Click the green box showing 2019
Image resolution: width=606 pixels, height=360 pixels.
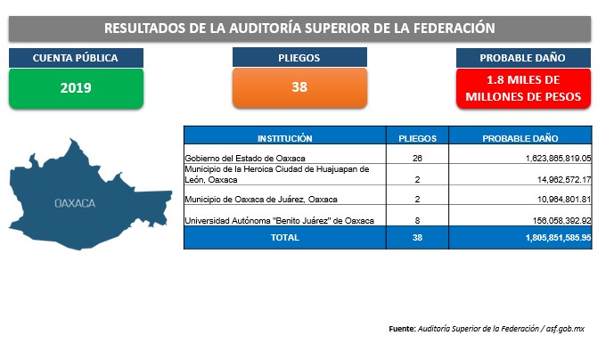(76, 88)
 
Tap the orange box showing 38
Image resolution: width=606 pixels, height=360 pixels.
(299, 87)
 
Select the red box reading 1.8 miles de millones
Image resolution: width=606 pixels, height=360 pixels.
(523, 88)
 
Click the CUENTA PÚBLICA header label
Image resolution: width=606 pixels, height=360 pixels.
(76, 58)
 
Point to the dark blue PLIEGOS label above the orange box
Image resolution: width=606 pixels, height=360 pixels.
(299, 58)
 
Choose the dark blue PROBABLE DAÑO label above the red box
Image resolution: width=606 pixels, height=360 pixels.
(523, 58)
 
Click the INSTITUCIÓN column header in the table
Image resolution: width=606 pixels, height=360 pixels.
(285, 138)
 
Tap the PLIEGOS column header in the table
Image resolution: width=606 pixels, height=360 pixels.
(417, 138)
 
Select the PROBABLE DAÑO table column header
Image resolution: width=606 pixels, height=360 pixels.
(520, 138)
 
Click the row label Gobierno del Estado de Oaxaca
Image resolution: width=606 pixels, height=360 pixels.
(245, 159)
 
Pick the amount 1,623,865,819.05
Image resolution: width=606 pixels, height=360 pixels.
(559, 159)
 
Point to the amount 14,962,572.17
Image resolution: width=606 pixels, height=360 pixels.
(564, 180)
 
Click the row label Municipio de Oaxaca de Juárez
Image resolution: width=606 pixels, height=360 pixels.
(261, 200)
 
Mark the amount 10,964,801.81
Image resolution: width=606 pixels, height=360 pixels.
(564, 200)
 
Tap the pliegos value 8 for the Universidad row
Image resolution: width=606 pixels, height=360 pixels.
(417, 221)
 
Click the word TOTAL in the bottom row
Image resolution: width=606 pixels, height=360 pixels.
(285, 238)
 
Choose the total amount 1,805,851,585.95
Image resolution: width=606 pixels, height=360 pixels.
(558, 238)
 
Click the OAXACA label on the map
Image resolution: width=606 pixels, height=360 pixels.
(75, 203)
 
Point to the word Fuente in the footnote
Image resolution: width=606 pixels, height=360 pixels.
(402, 329)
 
